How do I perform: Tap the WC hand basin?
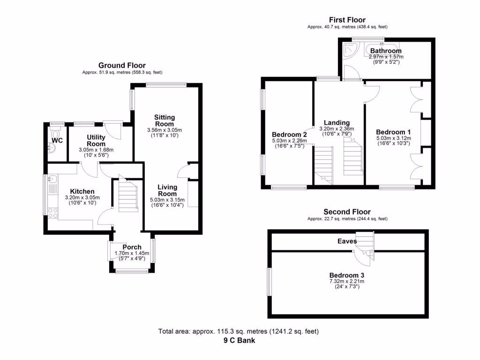coord(52,148)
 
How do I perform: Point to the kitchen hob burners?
coord(52,213)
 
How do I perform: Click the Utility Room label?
coord(96,141)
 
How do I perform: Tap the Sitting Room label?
coord(165,120)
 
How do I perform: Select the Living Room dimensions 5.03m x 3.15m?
coord(167,200)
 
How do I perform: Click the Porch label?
coord(132,247)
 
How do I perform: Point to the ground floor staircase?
coord(128,196)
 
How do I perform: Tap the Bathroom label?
coord(386,51)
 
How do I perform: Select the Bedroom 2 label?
coord(289,135)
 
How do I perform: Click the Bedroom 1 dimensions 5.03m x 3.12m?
coord(394,138)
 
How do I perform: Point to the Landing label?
coord(337,123)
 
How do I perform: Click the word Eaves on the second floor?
coord(347,241)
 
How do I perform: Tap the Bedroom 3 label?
coord(347,275)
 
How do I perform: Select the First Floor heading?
coord(347,20)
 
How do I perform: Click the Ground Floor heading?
coord(122,65)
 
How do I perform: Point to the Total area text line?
coord(239,331)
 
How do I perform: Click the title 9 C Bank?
coord(240,340)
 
